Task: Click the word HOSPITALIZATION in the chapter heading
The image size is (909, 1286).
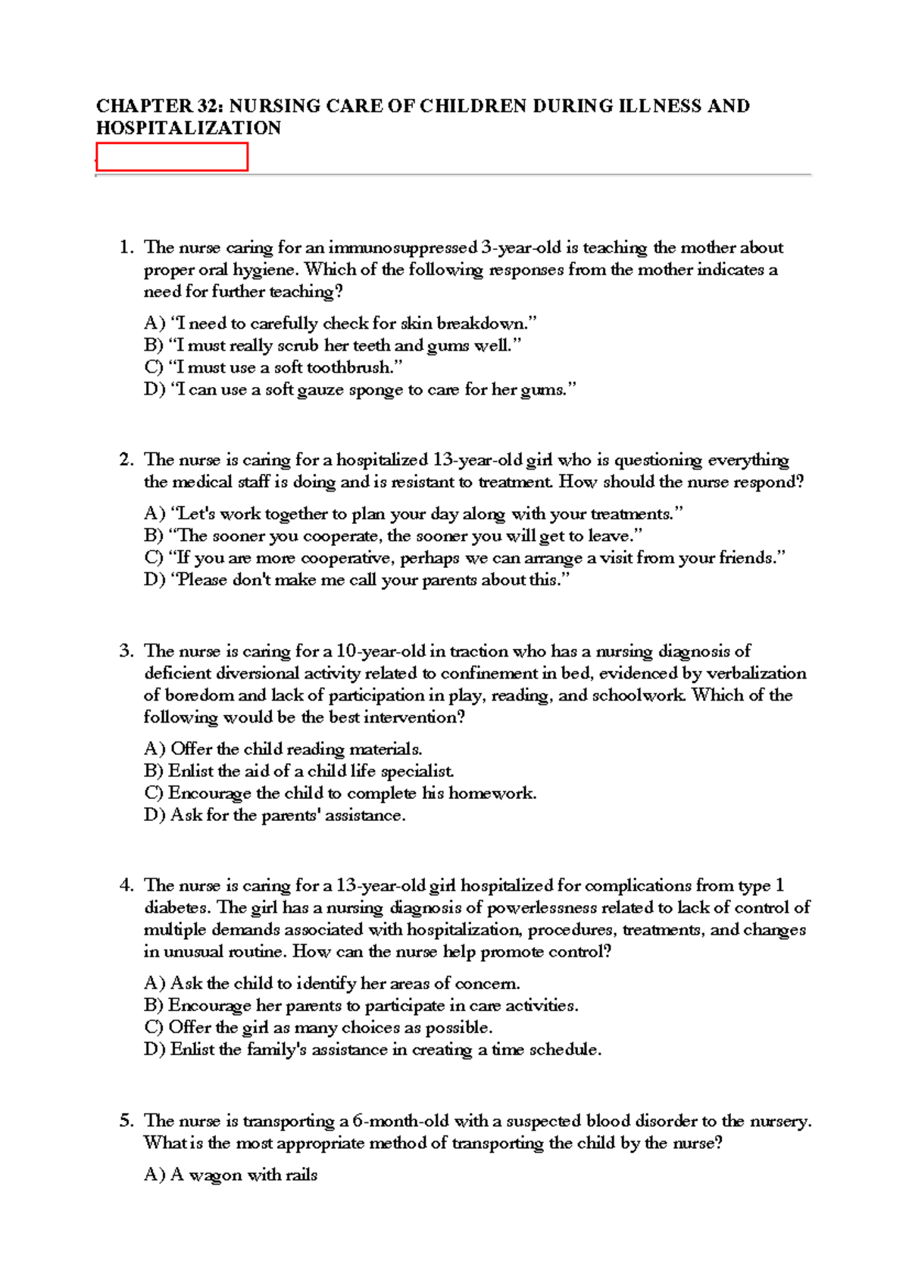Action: coord(188,128)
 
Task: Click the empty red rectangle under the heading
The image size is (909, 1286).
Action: coord(172,157)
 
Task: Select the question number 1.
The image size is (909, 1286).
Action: coord(126,248)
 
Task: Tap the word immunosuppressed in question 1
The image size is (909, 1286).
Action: coord(402,248)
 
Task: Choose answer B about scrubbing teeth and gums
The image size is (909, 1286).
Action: coord(333,345)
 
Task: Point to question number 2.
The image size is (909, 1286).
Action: coord(126,460)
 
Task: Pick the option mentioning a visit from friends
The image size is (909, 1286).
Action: coord(464,558)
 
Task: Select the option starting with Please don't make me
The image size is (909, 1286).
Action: coord(356,580)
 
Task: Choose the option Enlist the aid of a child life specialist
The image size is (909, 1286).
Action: coord(299,771)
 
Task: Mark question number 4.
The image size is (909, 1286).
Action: coord(126,885)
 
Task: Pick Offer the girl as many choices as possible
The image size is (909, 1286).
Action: coord(318,1028)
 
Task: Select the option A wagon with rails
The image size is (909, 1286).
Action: coord(231,1175)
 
